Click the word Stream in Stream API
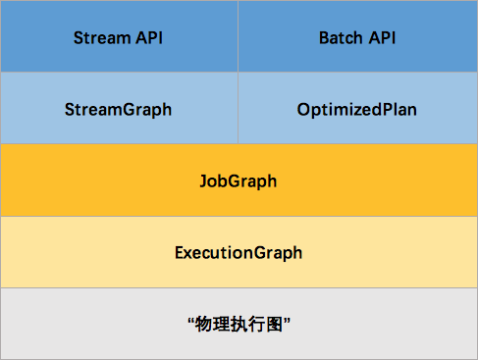pyautogui.click(x=102, y=38)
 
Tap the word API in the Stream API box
pyautogui.click(x=149, y=38)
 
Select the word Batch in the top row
pyautogui.click(x=341, y=38)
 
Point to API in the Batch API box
pyautogui.click(x=382, y=38)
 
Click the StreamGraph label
pyautogui.click(x=118, y=110)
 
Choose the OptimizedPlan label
pyautogui.click(x=357, y=110)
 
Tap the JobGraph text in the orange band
pyautogui.click(x=239, y=181)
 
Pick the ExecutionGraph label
pyautogui.click(x=239, y=253)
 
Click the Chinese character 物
pyautogui.click(x=204, y=325)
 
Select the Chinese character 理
pyautogui.click(x=222, y=325)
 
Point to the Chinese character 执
pyautogui.click(x=239, y=325)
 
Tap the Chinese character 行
pyautogui.click(x=257, y=325)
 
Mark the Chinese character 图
pyautogui.click(x=275, y=325)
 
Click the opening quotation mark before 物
pyautogui.click(x=191, y=320)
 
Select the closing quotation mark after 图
pyautogui.click(x=287, y=320)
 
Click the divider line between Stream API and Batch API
pyautogui.click(x=238, y=36)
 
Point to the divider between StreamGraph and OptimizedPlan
pyautogui.click(x=238, y=108)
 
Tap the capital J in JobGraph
pyautogui.click(x=204, y=180)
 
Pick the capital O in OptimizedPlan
pyautogui.click(x=303, y=109)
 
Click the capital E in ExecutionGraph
pyautogui.click(x=180, y=252)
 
